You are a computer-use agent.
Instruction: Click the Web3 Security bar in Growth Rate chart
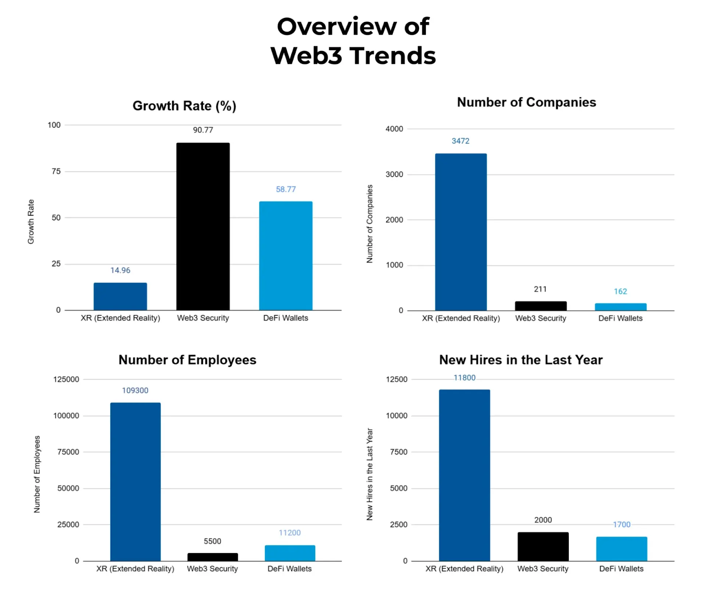pos(203,227)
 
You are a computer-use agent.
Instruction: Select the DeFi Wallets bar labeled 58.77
pos(285,256)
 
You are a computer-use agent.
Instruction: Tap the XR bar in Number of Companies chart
pos(461,232)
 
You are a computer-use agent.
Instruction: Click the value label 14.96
pos(120,270)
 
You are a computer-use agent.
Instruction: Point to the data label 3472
pos(460,141)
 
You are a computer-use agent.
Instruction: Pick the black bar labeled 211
pos(541,306)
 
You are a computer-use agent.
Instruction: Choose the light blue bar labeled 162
pos(620,307)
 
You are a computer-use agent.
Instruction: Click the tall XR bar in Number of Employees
pos(135,481)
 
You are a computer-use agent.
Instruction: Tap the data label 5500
pos(212,541)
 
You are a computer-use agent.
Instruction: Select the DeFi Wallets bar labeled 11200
pos(290,553)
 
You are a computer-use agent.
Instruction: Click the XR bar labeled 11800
pos(464,475)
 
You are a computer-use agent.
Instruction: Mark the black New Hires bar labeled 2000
pos(543,547)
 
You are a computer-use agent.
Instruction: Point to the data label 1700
pos(621,524)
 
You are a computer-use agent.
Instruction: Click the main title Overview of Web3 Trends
pos(353,41)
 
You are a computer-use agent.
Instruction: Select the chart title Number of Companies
pos(526,102)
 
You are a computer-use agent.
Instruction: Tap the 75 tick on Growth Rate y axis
pos(56,171)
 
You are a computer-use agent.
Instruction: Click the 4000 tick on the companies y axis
pos(394,129)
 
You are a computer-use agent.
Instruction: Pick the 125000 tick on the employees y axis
pos(66,379)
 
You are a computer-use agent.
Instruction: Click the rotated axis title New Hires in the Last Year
pos(370,474)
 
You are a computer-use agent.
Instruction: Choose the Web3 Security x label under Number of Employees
pos(212,569)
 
